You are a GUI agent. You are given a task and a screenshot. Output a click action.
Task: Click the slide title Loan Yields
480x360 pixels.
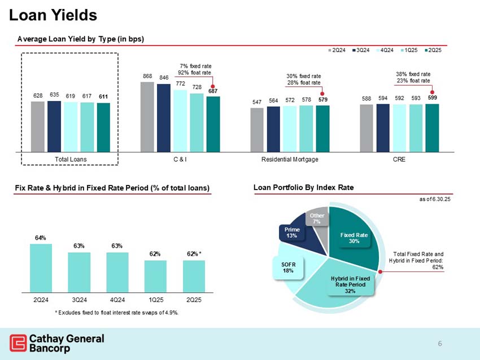(53, 15)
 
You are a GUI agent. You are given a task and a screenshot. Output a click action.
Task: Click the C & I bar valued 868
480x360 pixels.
(147, 117)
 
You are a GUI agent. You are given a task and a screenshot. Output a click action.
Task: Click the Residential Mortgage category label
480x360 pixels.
(290, 160)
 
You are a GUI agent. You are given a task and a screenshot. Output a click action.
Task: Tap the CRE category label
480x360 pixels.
(399, 160)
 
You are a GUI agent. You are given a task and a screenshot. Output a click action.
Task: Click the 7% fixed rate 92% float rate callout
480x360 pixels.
(194, 69)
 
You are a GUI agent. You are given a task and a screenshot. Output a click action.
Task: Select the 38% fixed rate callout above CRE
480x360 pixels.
(413, 77)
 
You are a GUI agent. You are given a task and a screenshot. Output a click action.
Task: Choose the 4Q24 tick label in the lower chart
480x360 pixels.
(117, 299)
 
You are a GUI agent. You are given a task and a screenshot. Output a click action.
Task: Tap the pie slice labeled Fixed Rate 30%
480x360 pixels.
(354, 238)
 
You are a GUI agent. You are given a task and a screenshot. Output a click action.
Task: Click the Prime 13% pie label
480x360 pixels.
(291, 232)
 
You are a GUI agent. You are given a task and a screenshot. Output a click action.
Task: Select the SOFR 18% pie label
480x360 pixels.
(288, 267)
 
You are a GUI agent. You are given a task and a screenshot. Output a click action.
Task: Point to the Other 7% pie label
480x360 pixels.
(316, 218)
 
